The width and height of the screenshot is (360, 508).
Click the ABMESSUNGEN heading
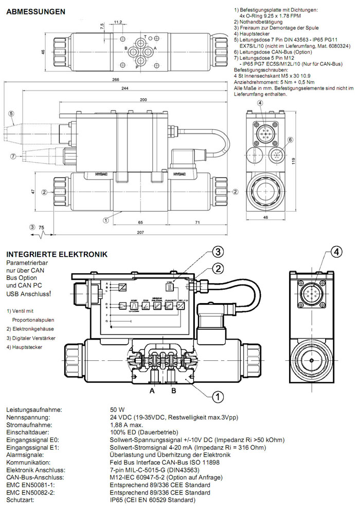pos(35,11)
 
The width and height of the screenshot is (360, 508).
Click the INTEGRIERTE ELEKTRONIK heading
pos(57,254)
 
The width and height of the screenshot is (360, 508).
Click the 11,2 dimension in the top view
pos(117,22)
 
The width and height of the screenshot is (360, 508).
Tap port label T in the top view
pos(146,36)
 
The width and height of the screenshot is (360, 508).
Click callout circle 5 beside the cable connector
pos(10,114)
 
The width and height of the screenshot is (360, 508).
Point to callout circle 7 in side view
pos(12,156)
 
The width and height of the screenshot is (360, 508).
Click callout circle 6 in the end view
pos(291,139)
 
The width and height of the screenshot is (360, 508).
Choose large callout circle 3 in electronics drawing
pos(218,252)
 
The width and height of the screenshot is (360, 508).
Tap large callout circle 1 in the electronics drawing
pos(218,396)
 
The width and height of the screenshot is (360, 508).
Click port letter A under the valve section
pos(152,390)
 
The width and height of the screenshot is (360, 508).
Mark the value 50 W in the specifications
pos(117,409)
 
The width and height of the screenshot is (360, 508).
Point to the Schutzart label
pos(20,500)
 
